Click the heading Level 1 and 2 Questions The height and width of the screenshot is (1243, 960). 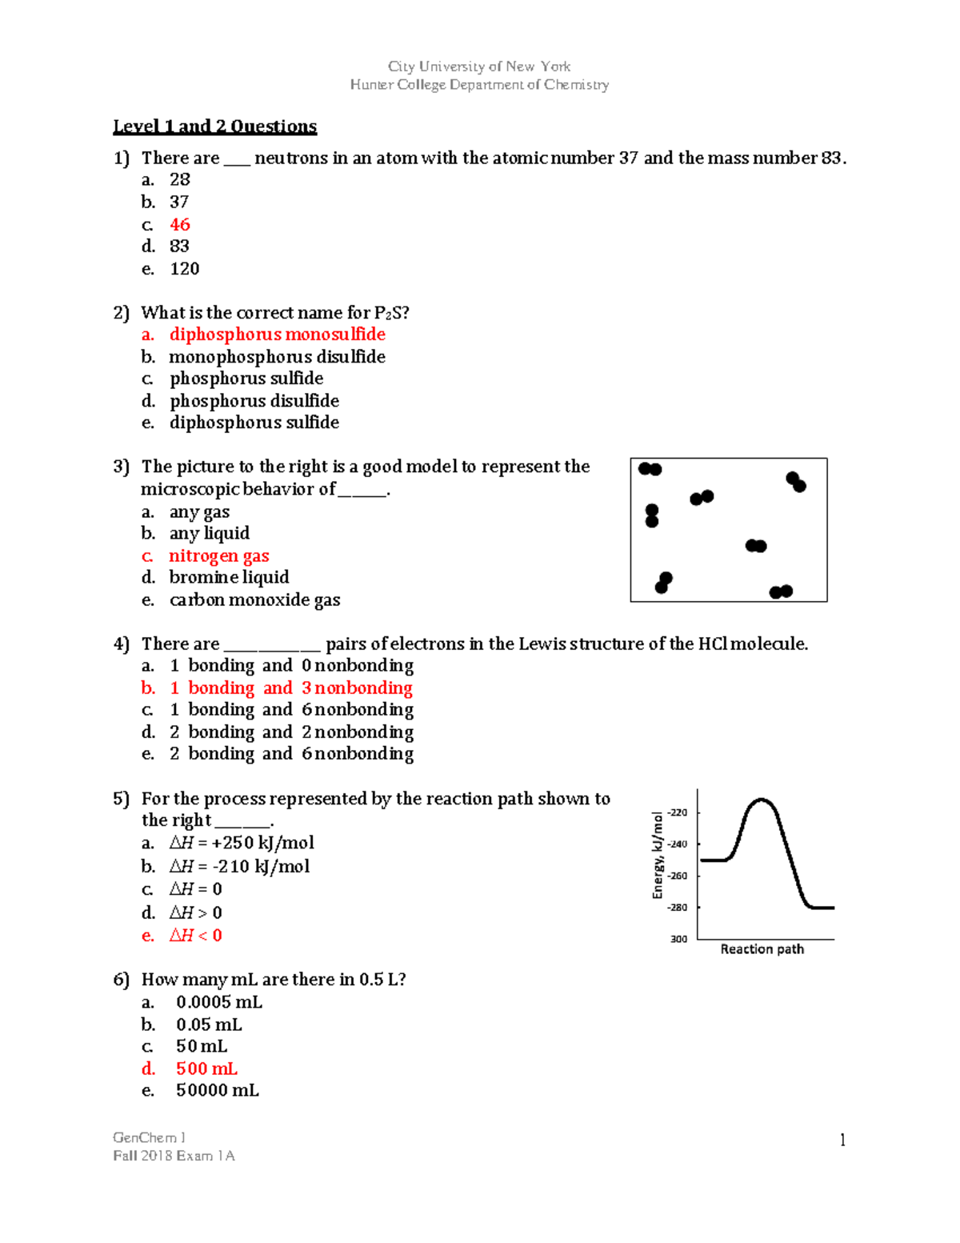coord(214,126)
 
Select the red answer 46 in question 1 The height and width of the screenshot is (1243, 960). coord(180,225)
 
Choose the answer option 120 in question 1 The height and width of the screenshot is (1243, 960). coord(184,269)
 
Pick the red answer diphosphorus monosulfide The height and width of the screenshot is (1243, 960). coord(277,335)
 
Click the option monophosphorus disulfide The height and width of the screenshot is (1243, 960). coord(277,357)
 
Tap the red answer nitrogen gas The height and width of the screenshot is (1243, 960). coord(218,556)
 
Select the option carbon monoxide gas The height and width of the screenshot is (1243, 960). coord(254,600)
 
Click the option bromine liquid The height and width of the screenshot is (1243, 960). coord(229,578)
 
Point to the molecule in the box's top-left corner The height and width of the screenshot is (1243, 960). coord(650,469)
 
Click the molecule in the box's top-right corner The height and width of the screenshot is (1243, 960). coord(796,481)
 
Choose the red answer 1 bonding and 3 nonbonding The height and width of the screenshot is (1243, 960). coord(291,688)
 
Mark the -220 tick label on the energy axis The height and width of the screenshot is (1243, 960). coord(678,812)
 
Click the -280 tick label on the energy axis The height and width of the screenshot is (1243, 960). coord(678,908)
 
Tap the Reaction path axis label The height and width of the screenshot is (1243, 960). coord(762,949)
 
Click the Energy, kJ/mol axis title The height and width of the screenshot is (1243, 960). coord(658,855)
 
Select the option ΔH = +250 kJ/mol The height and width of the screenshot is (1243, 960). coord(241,843)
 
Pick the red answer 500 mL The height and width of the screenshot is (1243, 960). coord(206,1069)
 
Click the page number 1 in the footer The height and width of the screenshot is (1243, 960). coord(842,1140)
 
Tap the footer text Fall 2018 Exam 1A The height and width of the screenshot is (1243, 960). coord(174,1156)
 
